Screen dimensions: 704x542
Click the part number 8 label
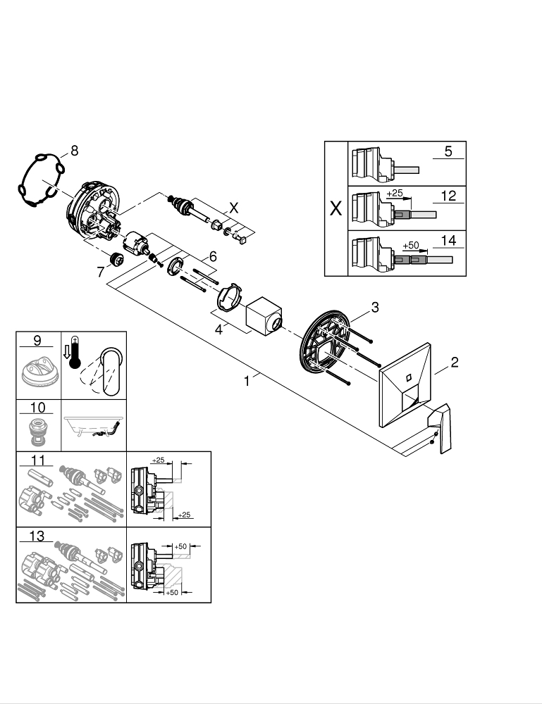pos(74,149)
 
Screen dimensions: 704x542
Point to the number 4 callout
pos(219,328)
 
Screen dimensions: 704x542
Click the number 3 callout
pos(375,307)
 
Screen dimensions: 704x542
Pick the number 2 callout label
pos(455,363)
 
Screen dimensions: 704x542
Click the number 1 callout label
pos(247,381)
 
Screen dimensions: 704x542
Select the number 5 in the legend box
pos(448,151)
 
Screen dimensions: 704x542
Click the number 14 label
pos(448,240)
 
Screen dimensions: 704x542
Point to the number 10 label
pos(37,408)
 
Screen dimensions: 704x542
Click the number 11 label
pos(37,460)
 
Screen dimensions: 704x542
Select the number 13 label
pos(37,536)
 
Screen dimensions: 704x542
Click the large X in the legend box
pos(335,209)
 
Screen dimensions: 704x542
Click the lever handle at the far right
pos(439,427)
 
